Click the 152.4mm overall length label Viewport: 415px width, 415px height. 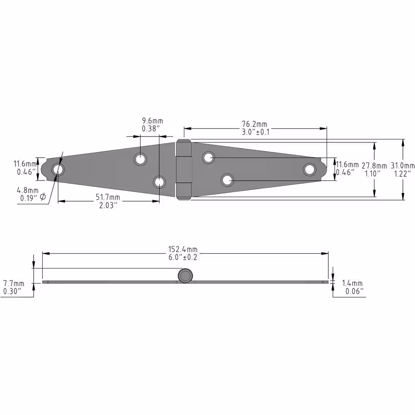[183, 249]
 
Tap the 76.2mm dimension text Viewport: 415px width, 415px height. [254, 124]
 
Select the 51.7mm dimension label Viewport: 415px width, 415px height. [108, 197]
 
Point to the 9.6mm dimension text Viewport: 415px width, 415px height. [152, 121]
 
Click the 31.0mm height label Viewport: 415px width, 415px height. [403, 166]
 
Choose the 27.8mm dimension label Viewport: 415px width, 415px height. [374, 166]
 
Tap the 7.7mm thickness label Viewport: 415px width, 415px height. [14, 283]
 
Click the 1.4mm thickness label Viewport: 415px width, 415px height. [352, 283]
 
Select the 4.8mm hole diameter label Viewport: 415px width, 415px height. [27, 190]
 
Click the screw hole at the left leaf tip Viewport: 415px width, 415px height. [58, 169]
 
